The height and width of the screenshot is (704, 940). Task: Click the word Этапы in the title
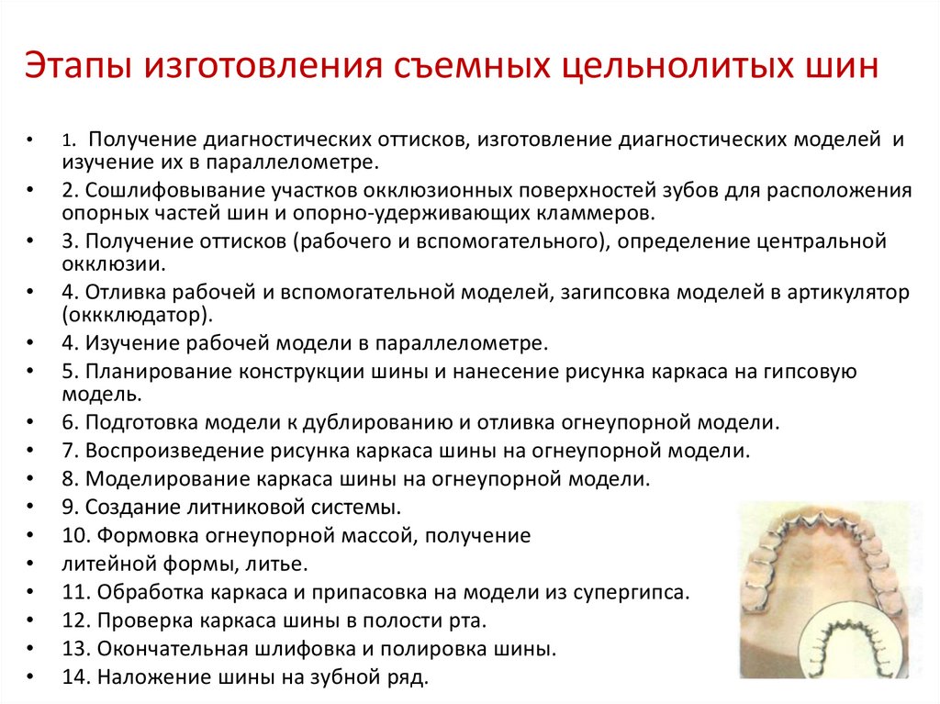click(x=79, y=65)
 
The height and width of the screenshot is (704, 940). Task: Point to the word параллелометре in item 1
click(x=292, y=162)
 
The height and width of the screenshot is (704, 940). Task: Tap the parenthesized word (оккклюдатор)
click(x=138, y=316)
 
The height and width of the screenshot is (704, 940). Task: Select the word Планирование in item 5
click(x=159, y=372)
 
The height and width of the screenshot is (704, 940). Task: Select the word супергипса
click(x=632, y=592)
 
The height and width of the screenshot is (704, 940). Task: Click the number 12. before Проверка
click(x=77, y=620)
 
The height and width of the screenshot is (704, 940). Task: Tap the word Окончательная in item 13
click(x=173, y=649)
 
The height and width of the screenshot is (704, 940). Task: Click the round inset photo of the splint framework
click(x=855, y=640)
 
